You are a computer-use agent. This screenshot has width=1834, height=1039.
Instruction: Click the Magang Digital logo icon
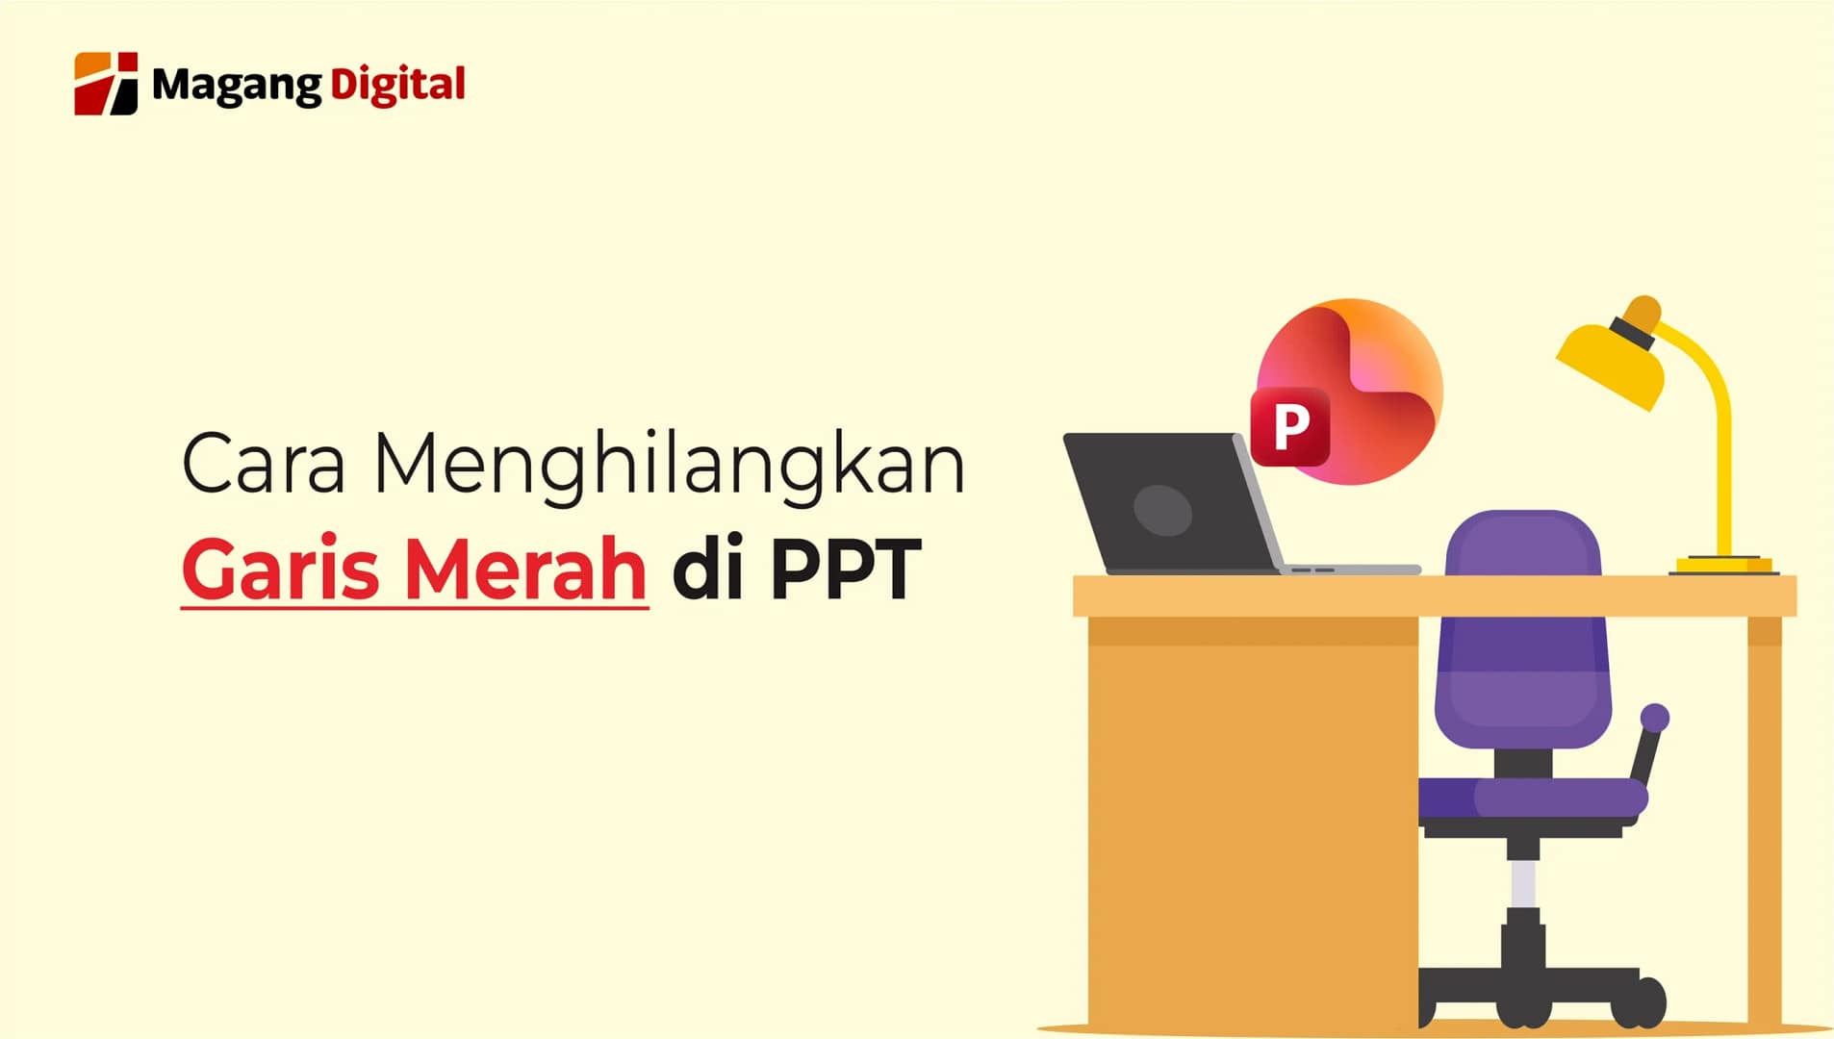(x=106, y=84)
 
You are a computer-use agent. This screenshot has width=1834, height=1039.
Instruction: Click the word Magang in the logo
(x=237, y=87)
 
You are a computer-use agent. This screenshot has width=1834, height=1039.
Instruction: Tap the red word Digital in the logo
(x=397, y=85)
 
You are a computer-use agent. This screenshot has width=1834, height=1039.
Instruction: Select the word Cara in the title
(x=263, y=465)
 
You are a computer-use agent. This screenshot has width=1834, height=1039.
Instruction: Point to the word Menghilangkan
(x=669, y=465)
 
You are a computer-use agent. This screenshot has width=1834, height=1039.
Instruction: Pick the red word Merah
(x=524, y=569)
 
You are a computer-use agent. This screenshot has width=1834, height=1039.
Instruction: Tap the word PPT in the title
(x=846, y=569)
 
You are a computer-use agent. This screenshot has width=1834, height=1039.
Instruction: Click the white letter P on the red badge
(x=1290, y=426)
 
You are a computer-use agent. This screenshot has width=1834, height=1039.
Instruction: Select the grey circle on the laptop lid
(x=1162, y=510)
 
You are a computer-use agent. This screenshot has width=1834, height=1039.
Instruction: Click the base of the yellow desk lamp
(x=1723, y=565)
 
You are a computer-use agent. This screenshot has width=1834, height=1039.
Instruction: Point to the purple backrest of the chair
(x=1522, y=625)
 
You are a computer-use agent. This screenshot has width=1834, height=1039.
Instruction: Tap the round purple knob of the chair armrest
(x=1655, y=718)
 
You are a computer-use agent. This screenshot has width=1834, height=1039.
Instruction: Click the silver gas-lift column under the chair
(x=1522, y=883)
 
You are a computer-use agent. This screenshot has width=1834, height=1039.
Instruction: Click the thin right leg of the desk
(x=1765, y=818)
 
